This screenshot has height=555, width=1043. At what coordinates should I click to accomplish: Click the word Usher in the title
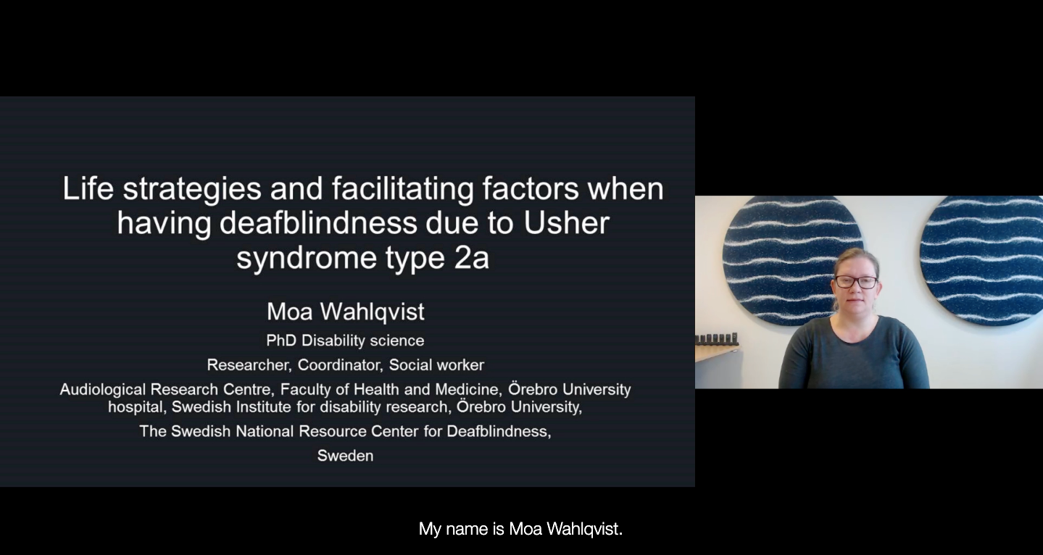pyautogui.click(x=567, y=222)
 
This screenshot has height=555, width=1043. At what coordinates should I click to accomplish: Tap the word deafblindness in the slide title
pyautogui.click(x=318, y=222)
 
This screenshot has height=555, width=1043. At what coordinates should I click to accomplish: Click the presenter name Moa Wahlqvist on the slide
pyautogui.click(x=346, y=312)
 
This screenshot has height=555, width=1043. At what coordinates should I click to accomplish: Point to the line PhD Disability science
pyautogui.click(x=345, y=341)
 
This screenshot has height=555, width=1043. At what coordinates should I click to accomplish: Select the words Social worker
pyautogui.click(x=436, y=365)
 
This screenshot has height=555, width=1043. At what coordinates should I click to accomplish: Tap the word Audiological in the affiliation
pyautogui.click(x=103, y=389)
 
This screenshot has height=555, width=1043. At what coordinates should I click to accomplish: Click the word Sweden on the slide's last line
pyautogui.click(x=345, y=455)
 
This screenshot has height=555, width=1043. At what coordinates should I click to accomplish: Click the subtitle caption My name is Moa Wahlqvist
pyautogui.click(x=520, y=529)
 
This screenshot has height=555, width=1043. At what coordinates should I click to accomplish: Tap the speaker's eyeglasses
pyautogui.click(x=856, y=282)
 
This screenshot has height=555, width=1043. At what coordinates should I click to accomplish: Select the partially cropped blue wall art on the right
pyautogui.click(x=981, y=260)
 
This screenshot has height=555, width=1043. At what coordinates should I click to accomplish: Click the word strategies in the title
pyautogui.click(x=192, y=188)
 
